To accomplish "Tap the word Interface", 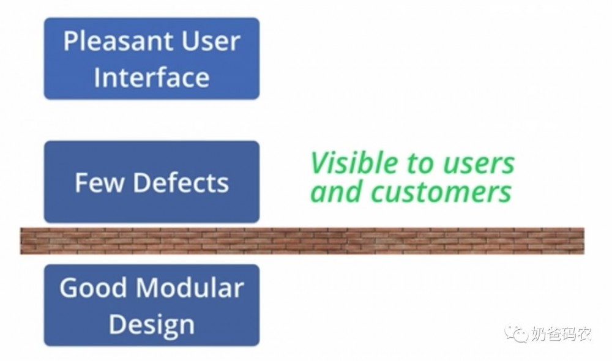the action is pos(151,76).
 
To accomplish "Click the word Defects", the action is pos(181,182).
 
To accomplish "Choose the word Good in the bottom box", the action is pos(93,288).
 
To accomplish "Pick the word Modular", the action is pos(190,288).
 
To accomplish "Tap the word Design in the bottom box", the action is pos(151,325).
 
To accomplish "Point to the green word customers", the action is pos(441,192).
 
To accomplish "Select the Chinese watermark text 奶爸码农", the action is pos(561,334).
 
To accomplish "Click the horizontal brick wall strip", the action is pos(302,241).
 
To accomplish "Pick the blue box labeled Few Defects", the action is pos(151,182).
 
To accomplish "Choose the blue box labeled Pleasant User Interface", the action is pos(151,59).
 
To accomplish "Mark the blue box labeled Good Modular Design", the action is pos(151,305).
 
